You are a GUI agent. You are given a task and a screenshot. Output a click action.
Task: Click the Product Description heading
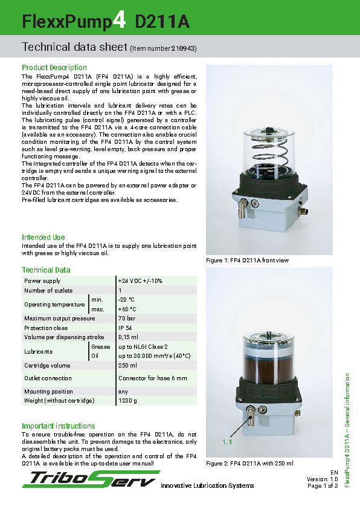tap(54, 68)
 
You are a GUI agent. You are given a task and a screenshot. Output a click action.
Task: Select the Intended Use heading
tap(43, 238)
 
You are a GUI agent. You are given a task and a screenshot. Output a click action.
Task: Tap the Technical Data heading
tap(46, 270)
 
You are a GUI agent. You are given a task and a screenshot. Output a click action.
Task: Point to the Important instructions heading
tap(59, 426)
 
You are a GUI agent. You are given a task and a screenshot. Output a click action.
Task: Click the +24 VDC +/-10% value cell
tap(140, 281)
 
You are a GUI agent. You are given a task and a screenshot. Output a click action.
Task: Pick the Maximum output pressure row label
tap(59, 319)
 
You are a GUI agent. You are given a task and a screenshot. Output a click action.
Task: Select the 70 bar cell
tap(126, 319)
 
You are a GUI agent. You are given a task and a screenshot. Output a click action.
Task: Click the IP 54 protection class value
tap(125, 328)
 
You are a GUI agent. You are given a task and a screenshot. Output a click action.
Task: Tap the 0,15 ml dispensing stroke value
tap(128, 337)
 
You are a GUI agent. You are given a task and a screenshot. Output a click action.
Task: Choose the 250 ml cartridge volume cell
tap(127, 366)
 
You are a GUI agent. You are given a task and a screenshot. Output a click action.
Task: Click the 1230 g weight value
tap(127, 401)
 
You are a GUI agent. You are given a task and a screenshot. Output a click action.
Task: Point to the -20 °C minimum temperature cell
tap(127, 300)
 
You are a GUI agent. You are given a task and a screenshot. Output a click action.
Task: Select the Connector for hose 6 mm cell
tap(153, 378)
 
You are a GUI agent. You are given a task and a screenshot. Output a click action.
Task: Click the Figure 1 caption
tap(248, 261)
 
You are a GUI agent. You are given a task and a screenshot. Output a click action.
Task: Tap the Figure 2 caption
tap(249, 464)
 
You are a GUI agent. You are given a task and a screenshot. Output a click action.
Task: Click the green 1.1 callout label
tap(227, 443)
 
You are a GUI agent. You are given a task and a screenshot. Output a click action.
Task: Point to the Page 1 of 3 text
tap(323, 486)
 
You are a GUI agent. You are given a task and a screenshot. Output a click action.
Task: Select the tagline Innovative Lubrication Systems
tap(207, 486)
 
